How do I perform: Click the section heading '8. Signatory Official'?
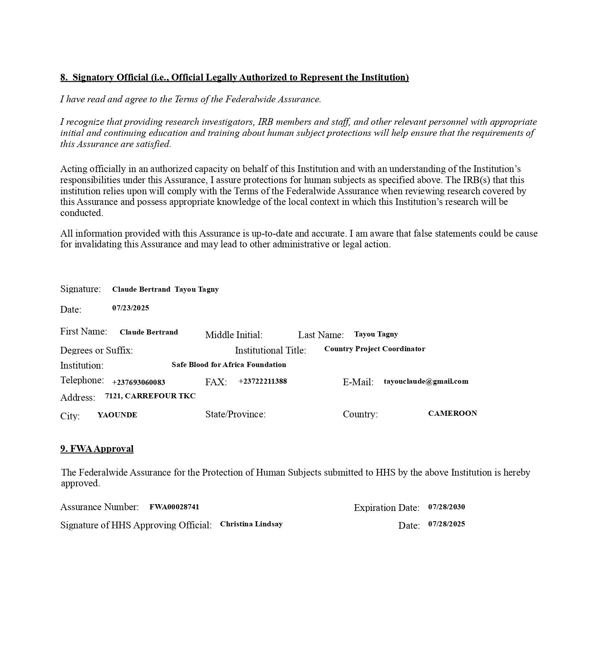234,77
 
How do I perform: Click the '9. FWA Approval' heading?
97,449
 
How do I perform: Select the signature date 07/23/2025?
130,308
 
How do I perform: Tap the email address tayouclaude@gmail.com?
426,381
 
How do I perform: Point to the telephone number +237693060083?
138,382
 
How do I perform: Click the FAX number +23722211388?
262,381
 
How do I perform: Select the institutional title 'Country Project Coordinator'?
374,349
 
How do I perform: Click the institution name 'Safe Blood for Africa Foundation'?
229,365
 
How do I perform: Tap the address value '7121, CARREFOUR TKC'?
150,396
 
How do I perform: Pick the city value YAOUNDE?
117,415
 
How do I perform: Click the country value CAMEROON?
452,413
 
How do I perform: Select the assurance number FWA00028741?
174,507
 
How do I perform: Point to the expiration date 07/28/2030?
446,507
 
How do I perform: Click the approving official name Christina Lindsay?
251,524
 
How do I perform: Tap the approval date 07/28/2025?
446,524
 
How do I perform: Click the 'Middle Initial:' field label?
234,335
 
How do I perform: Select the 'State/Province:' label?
236,414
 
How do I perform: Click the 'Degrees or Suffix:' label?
96,350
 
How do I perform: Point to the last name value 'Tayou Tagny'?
376,334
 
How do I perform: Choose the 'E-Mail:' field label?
358,382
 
